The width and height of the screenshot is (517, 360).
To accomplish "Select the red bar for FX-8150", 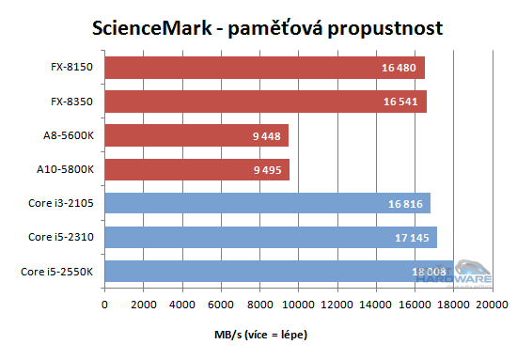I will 264,68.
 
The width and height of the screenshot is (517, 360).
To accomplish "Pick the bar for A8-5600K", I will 196,135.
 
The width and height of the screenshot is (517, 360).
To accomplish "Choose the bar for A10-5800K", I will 196,169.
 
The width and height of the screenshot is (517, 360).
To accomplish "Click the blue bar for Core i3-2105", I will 267,203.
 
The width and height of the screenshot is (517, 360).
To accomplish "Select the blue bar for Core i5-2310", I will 271,237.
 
